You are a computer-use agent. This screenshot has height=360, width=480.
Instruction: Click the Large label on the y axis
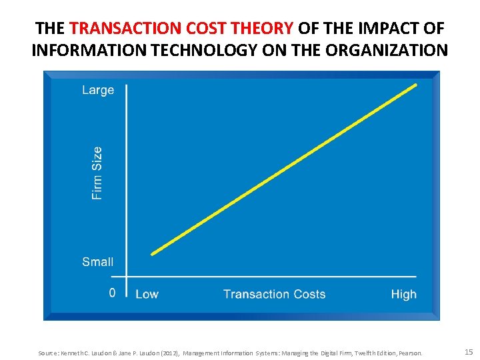[98, 90]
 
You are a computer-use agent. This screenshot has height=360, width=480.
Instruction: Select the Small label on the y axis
[98, 262]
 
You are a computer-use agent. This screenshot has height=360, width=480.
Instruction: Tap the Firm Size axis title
[97, 173]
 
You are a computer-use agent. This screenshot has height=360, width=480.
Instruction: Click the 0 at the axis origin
[112, 293]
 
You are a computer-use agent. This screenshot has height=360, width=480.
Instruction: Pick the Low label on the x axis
[147, 294]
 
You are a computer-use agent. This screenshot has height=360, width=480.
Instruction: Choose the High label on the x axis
[403, 294]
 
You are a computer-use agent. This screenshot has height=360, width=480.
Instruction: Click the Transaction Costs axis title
[274, 294]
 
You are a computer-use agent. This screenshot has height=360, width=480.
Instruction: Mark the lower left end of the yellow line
[153, 253]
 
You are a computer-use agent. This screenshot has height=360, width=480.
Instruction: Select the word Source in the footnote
[49, 353]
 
